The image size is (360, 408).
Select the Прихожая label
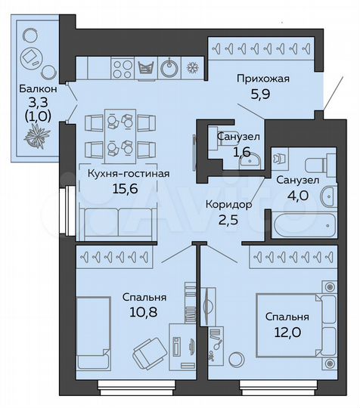coord(262,78)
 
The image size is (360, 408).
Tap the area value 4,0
coord(292,194)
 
